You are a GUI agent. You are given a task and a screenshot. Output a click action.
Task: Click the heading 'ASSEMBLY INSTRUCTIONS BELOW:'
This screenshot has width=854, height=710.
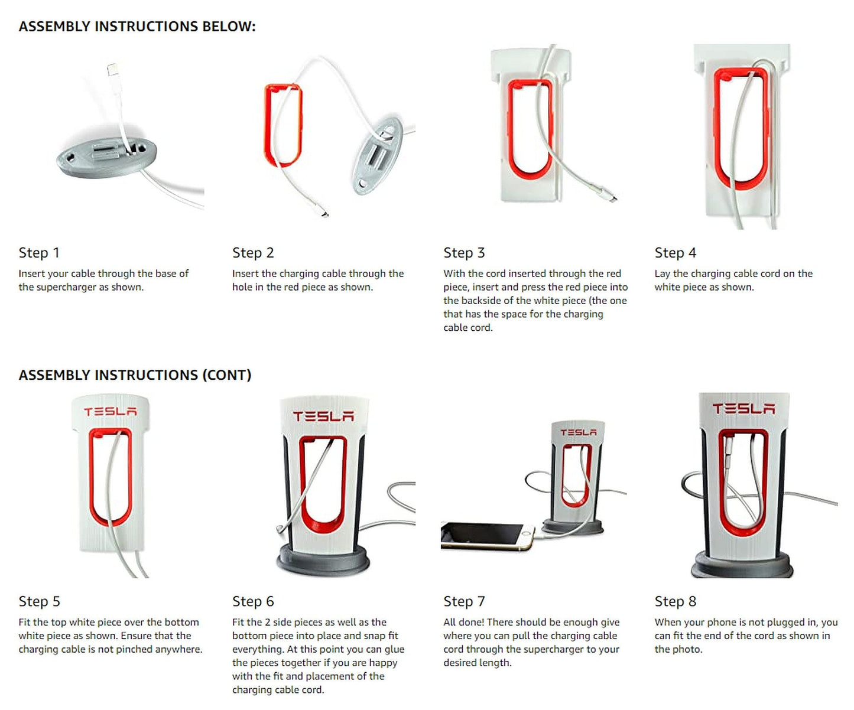(137, 27)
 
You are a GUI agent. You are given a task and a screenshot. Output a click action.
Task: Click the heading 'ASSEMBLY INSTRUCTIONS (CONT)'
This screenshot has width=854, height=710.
(135, 375)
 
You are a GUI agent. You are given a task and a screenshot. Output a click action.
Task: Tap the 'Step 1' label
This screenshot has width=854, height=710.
(39, 253)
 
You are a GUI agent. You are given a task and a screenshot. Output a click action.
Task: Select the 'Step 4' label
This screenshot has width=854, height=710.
(675, 253)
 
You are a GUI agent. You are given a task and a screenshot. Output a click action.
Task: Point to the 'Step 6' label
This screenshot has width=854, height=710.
(253, 601)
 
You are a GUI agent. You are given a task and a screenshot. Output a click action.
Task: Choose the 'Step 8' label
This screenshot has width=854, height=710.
(675, 601)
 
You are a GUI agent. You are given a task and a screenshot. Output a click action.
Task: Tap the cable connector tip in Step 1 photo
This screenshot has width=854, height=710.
(112, 71)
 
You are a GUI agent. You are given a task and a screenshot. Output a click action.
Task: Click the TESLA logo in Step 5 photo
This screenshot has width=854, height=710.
(110, 412)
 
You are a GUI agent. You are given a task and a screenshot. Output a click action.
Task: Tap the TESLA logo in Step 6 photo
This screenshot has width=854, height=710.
(323, 416)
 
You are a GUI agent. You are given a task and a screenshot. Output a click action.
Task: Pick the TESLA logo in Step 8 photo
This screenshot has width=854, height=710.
(743, 409)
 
